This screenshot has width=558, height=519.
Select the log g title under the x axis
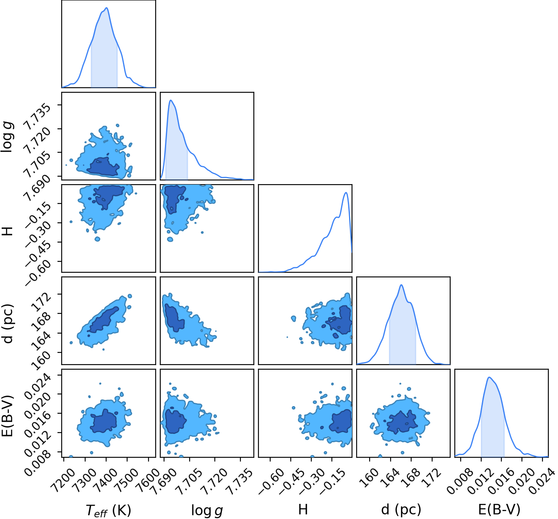(207, 510)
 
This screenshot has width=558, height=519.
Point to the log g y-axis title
(7, 136)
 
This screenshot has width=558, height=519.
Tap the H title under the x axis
(303, 509)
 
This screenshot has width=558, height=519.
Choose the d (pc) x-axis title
(401, 509)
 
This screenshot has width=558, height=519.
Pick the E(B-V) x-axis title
(499, 509)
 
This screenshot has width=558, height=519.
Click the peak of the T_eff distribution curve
(107, 8)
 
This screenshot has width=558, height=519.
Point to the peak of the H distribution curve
(346, 193)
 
